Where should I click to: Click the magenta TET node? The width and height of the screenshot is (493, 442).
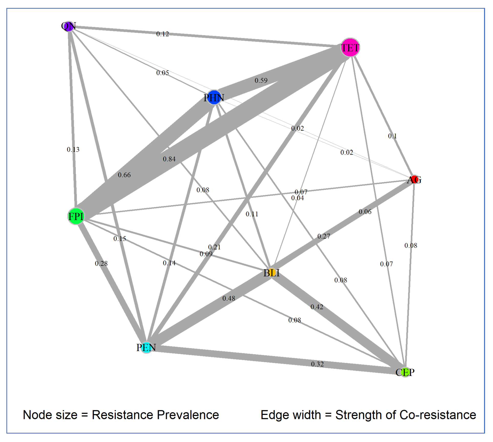(350, 48)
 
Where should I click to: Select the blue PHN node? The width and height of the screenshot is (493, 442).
(214, 98)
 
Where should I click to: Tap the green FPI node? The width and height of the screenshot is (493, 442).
(76, 217)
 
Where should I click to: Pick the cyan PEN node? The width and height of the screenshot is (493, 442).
(146, 348)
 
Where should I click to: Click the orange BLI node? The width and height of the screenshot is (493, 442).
(272, 273)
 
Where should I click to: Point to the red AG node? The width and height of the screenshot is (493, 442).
(414, 180)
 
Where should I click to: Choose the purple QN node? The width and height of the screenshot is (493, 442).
(69, 26)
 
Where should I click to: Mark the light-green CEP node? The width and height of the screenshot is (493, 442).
(405, 372)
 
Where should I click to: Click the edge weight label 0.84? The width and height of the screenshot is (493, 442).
(169, 159)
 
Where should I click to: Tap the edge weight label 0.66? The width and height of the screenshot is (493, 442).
(124, 175)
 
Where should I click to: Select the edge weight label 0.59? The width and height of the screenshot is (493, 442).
(261, 81)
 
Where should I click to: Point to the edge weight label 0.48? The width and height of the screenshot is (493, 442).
(229, 298)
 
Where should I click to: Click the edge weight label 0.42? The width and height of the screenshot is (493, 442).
(317, 307)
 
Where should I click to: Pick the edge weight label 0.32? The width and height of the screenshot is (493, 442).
(317, 364)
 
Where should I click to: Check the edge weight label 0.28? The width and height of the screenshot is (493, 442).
(101, 264)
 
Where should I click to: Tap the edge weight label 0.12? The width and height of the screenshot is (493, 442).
(163, 34)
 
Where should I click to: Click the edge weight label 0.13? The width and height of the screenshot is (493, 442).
(73, 149)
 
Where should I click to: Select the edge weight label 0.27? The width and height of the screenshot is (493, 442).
(324, 236)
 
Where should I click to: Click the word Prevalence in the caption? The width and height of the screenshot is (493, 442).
(188, 415)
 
